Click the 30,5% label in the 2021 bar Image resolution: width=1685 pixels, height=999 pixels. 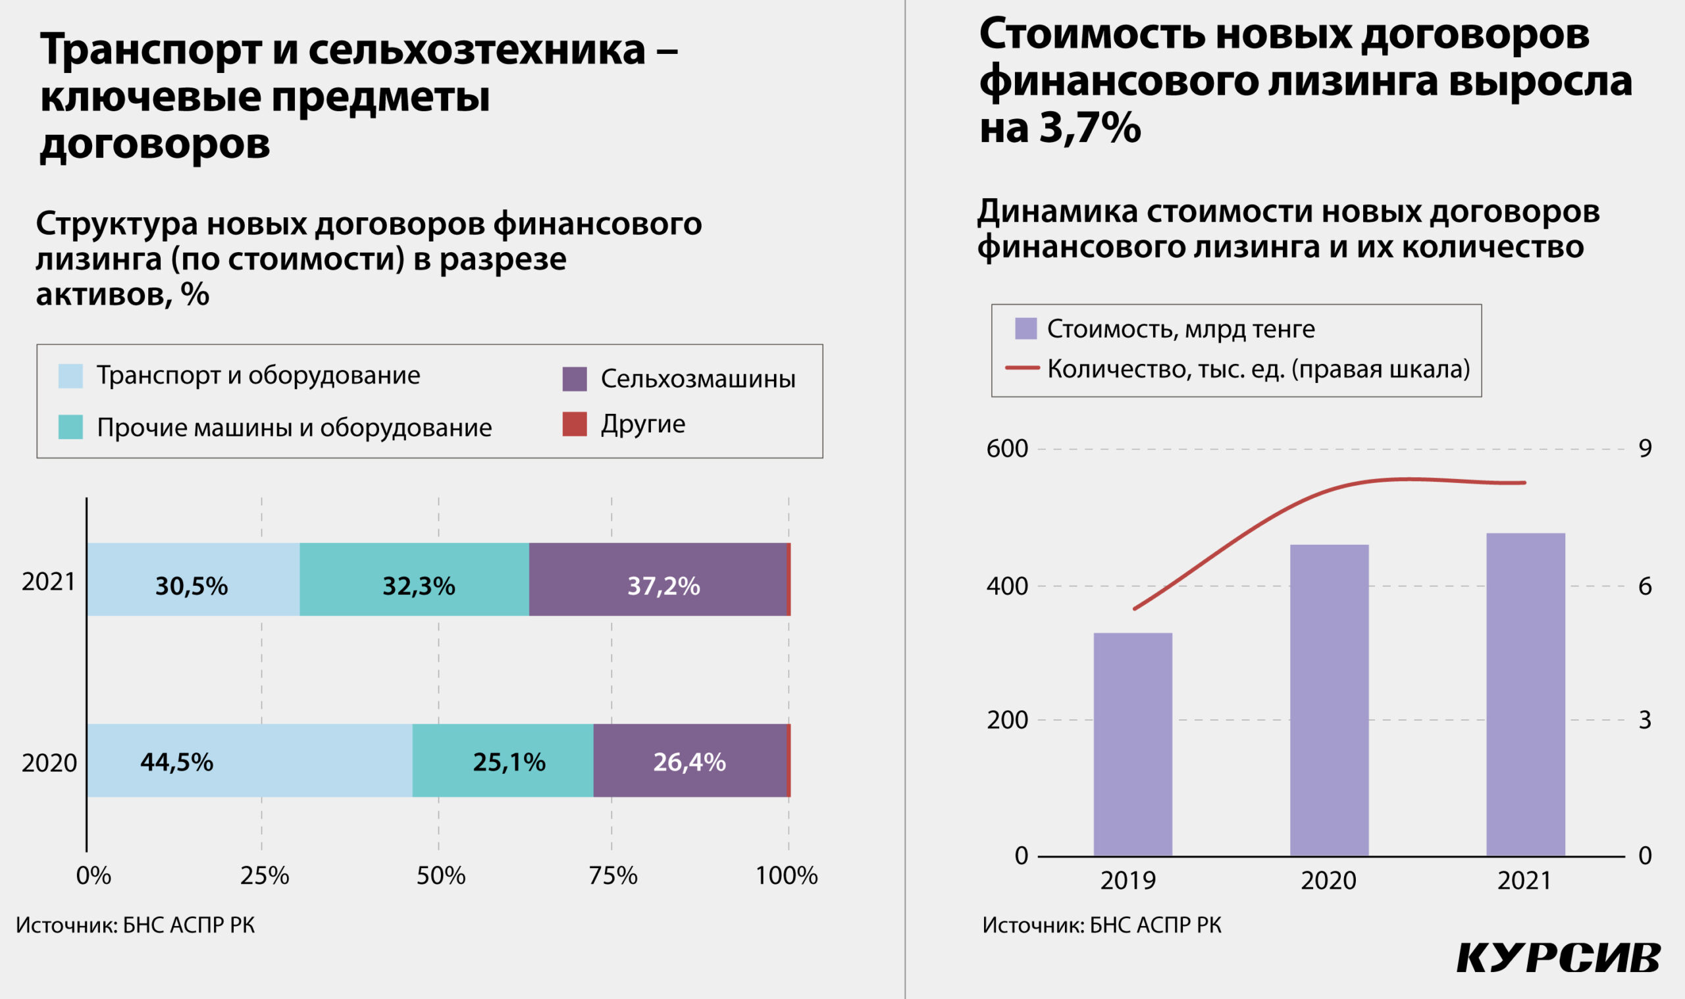coord(191,586)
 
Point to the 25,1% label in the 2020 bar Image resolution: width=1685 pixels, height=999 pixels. coord(508,762)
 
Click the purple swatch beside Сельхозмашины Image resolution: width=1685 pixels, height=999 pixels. coord(574,379)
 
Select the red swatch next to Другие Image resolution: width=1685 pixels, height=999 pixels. coord(574,424)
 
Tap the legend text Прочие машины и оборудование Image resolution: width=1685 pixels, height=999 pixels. coord(294,428)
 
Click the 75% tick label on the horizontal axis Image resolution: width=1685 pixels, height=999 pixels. coord(613,876)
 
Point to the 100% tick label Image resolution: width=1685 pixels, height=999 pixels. coord(786,876)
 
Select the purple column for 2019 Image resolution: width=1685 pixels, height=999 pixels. coord(1132,744)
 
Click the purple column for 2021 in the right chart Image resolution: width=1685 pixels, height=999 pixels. coord(1526,694)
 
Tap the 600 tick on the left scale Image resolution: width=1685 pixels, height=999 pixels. coord(1006,449)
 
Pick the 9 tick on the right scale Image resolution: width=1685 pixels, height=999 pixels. coord(1645,449)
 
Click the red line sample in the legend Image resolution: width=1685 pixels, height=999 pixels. coord(1022,369)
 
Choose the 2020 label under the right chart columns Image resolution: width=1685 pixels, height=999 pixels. coord(1328,881)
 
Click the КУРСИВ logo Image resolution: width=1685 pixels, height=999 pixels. coord(1559,958)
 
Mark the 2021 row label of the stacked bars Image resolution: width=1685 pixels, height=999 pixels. coord(49,582)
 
